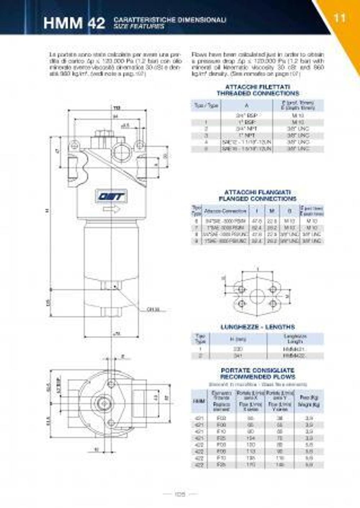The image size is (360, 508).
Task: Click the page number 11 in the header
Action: [x=339, y=18]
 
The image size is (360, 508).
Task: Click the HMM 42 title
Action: [x=74, y=23]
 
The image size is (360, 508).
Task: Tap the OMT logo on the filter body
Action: [x=111, y=197]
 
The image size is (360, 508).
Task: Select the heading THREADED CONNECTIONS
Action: [x=258, y=93]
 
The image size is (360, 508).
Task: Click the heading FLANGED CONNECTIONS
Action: [x=258, y=199]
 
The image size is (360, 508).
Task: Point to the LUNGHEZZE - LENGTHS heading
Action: [x=258, y=327]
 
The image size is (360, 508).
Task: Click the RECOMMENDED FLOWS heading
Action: [x=258, y=377]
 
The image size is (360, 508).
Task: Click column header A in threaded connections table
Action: [x=247, y=105]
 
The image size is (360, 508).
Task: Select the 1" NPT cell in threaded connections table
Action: [x=247, y=136]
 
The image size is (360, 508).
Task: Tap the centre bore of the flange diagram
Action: [x=257, y=296]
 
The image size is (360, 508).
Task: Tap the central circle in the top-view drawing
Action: [x=103, y=402]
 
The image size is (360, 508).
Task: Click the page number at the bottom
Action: [x=180, y=495]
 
